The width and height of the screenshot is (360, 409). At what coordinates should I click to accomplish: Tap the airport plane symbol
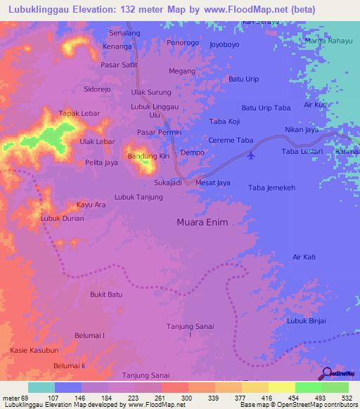point(252,155)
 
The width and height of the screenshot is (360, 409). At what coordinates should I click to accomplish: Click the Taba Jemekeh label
point(271,188)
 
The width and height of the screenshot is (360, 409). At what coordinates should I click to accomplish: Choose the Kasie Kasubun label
point(34,350)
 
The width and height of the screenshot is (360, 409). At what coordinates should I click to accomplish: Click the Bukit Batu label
point(107,294)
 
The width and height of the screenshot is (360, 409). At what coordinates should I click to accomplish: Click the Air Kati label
point(304,258)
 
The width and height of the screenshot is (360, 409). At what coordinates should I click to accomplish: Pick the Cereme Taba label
point(231,141)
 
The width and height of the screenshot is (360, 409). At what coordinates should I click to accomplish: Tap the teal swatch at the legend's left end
point(41,387)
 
